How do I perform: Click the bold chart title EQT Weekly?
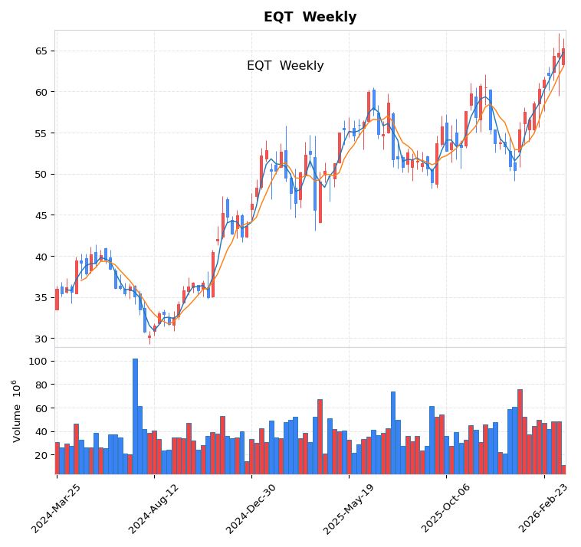point(310,17)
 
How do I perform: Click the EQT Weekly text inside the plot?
point(285,66)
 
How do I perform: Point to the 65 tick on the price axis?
point(41,51)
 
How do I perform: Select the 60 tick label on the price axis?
point(41,92)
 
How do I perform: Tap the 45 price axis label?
point(41,215)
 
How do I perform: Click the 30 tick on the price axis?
point(41,339)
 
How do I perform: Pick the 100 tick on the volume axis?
point(38,361)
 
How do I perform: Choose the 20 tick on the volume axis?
point(41,455)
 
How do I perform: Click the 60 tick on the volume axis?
point(41,408)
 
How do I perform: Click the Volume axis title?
point(17,411)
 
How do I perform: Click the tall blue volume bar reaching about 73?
point(393,434)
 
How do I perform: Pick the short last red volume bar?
point(563,470)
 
